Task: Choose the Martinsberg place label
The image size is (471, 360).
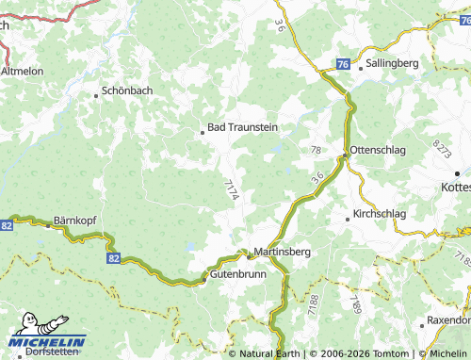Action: (x=283, y=253)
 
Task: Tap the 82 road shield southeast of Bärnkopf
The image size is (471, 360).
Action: (x=115, y=256)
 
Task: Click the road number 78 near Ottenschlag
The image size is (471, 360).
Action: (x=316, y=151)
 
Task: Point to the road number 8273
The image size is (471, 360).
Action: (x=441, y=147)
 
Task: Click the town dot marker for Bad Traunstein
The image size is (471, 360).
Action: (x=202, y=133)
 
